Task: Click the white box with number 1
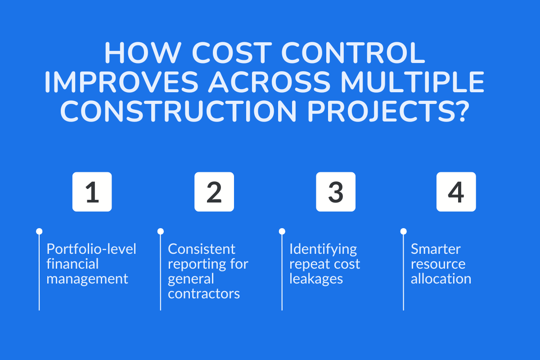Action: pos(92,192)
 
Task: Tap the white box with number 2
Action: pos(214,192)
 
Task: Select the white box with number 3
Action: pos(336,192)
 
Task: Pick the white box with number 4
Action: pos(456,192)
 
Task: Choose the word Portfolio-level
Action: pos(91,249)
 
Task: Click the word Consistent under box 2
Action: pos(202,249)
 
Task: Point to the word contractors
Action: pos(204,293)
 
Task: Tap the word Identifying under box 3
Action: pos(323,249)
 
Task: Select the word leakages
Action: pos(316,279)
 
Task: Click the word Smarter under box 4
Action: pos(436,249)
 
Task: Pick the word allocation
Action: pos(441,279)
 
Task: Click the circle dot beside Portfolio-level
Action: pos(39,231)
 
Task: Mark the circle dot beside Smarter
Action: pos(403,231)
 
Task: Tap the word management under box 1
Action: pos(87,279)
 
